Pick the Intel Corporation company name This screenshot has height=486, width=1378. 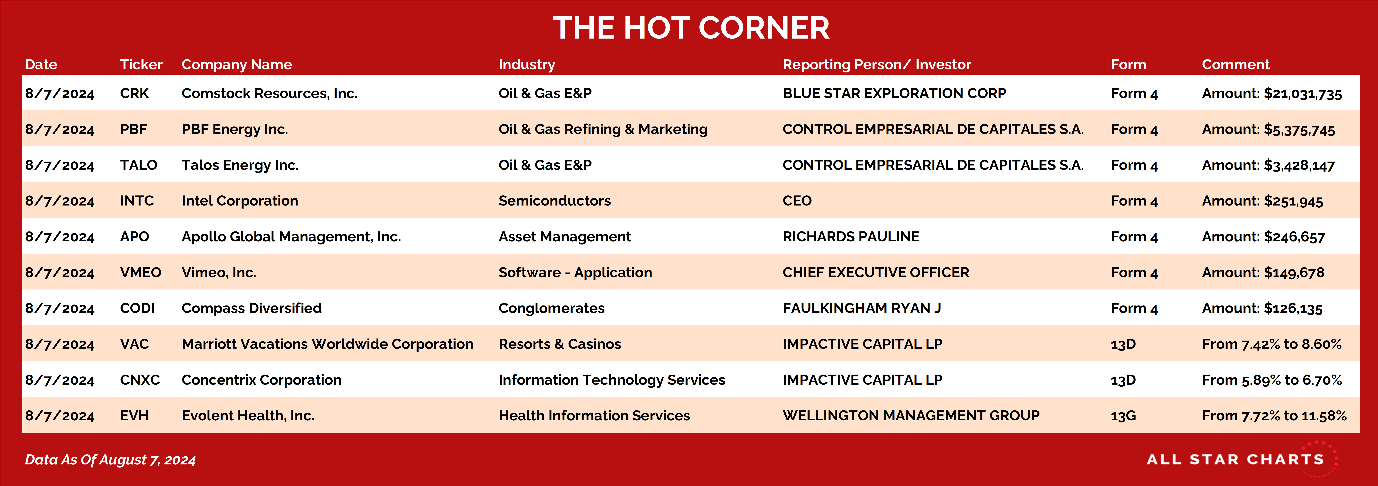(240, 201)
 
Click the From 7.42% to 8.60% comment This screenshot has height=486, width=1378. (1272, 344)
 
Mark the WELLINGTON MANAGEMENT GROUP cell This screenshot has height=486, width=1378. (911, 415)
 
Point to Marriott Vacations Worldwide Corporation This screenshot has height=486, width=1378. (327, 344)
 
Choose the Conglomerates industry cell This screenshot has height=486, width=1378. (551, 308)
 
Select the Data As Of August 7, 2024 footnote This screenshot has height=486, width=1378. (110, 460)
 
